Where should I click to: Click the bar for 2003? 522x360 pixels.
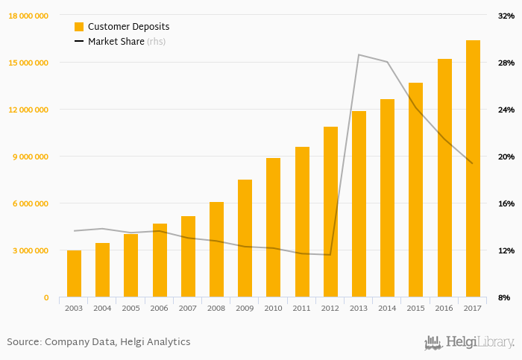pyautogui.click(x=74, y=274)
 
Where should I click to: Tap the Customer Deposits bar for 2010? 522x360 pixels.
pyautogui.click(x=273, y=227)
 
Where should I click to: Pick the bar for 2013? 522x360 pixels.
pyautogui.click(x=359, y=204)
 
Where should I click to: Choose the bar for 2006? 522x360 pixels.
pyautogui.click(x=160, y=260)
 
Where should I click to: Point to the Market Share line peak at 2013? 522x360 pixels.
pyautogui.click(x=359, y=54)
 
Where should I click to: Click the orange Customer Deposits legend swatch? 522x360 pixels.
pyautogui.click(x=79, y=27)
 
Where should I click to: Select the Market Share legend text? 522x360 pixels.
pyautogui.click(x=116, y=42)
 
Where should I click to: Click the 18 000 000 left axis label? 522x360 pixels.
pyautogui.click(x=27, y=16)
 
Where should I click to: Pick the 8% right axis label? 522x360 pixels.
pyautogui.click(x=504, y=297)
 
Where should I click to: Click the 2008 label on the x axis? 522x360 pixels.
pyautogui.click(x=216, y=308)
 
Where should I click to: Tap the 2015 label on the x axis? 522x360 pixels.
pyautogui.click(x=415, y=308)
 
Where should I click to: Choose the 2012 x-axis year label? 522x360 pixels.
pyautogui.click(x=330, y=308)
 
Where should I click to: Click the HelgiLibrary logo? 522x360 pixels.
pyautogui.click(x=469, y=342)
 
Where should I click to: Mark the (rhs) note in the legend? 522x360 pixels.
pyautogui.click(x=156, y=42)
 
